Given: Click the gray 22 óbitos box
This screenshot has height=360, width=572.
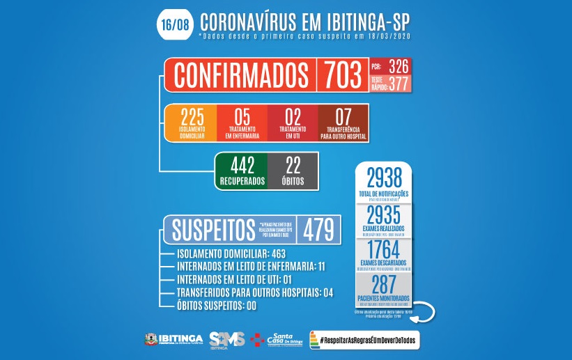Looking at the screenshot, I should tap(293, 171).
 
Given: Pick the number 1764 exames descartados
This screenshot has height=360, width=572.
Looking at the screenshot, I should tap(382, 249).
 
